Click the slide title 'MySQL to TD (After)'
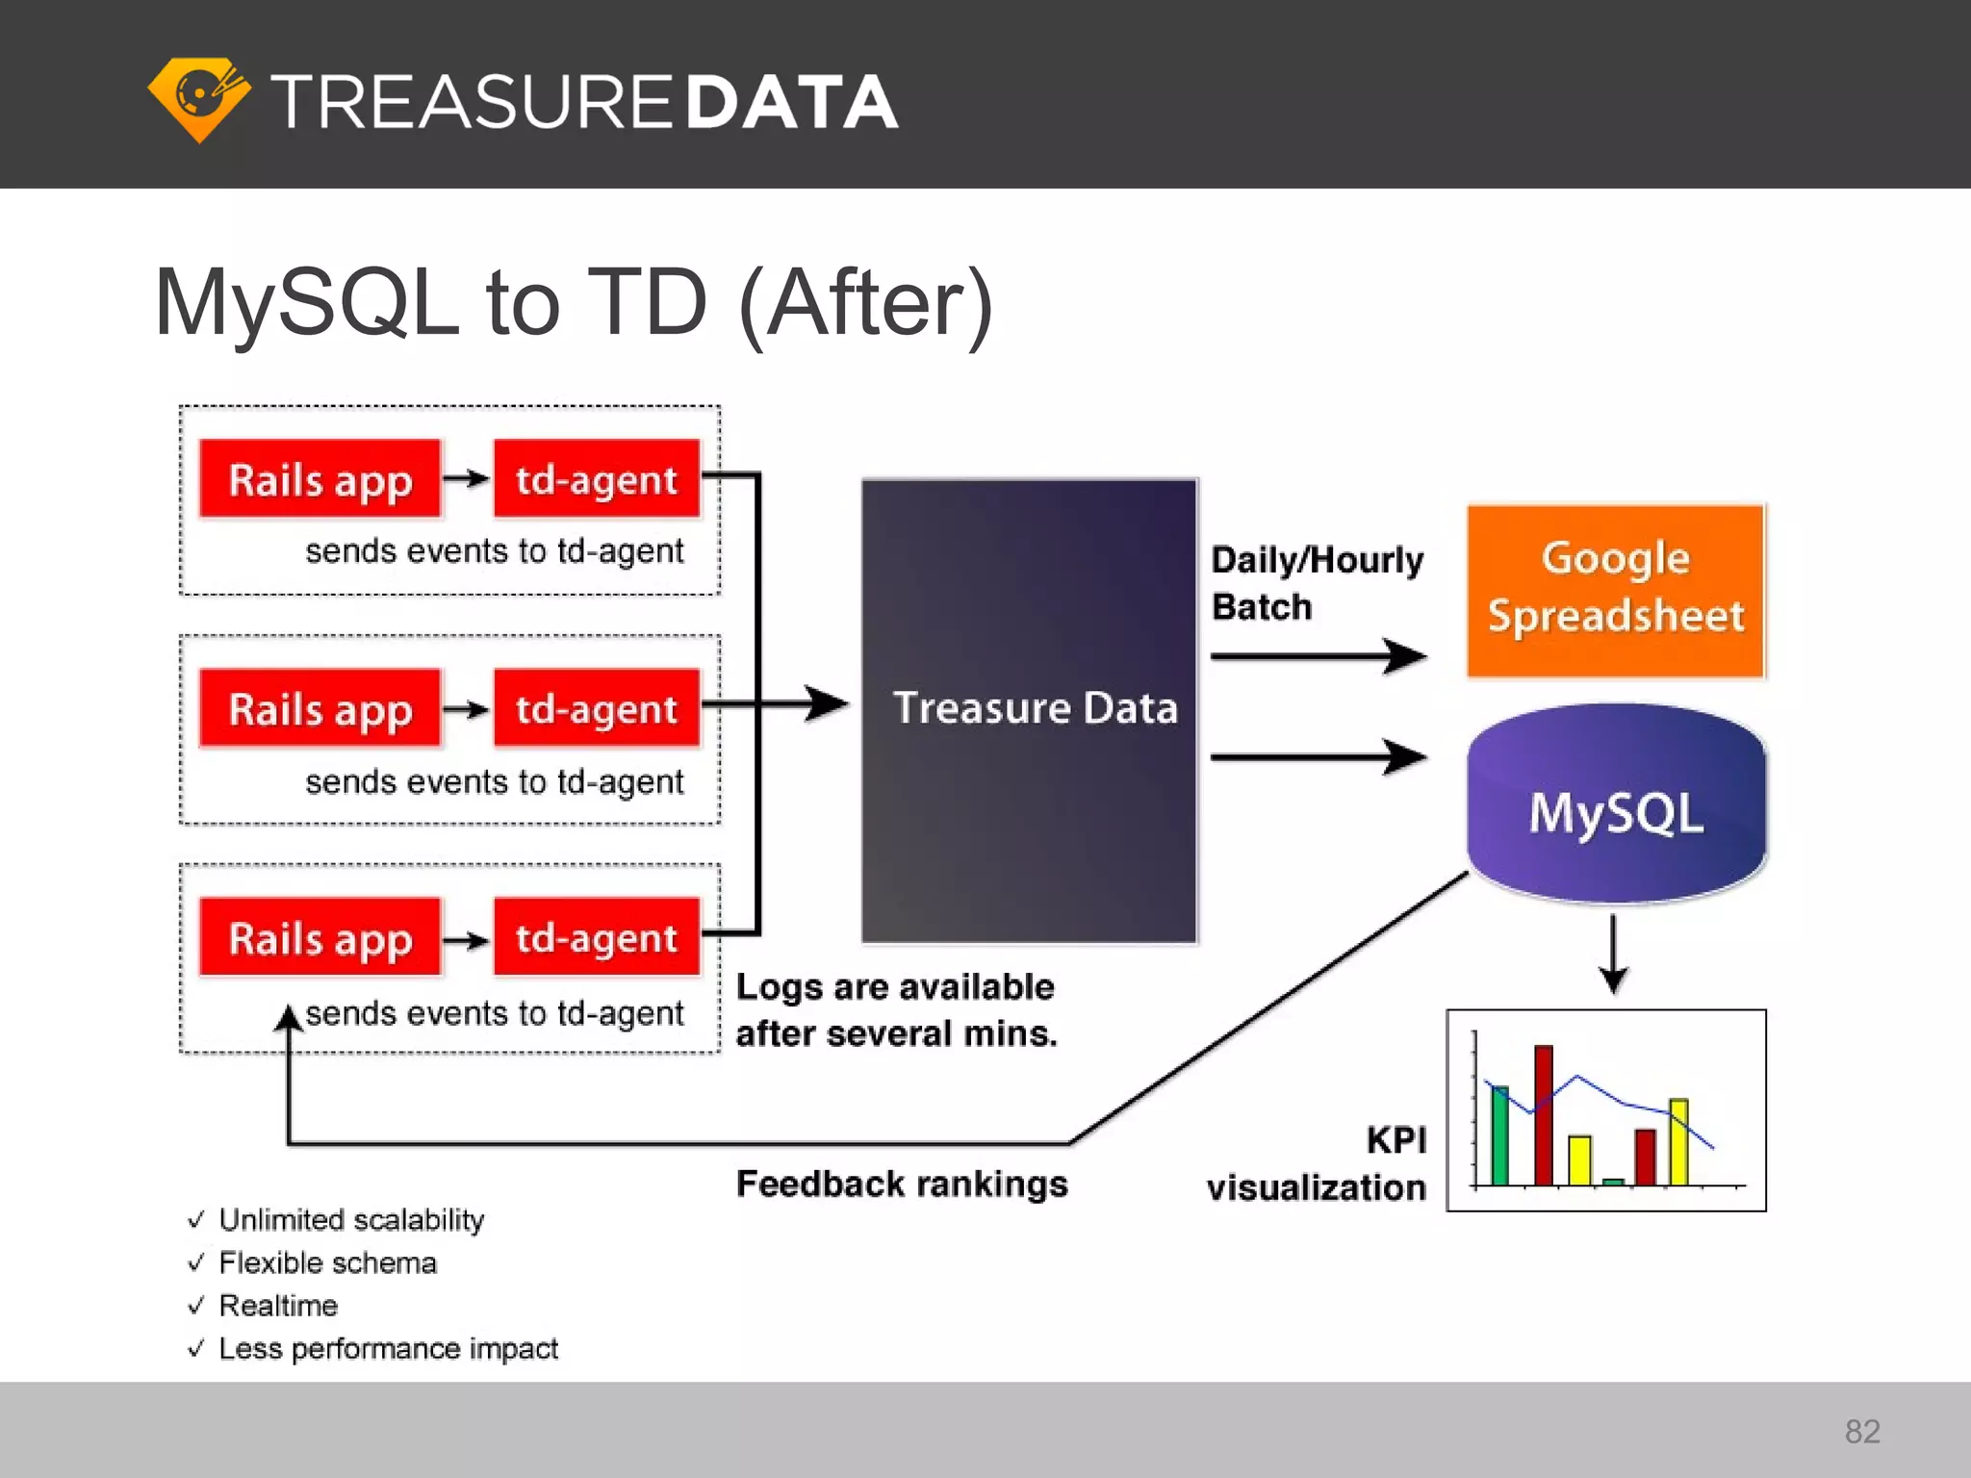[574, 303]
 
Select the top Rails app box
[320, 479]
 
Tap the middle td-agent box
[596, 709]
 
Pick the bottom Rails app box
[320, 938]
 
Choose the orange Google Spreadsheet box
[1615, 589]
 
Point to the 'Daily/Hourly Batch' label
[1315, 583]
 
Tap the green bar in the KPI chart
[1499, 1135]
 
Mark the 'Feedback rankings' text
[902, 1184]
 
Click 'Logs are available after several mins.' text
[896, 1010]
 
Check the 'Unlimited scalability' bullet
[350, 1219]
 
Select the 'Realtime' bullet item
[278, 1306]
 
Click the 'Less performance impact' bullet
[388, 1348]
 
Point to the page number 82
[1861, 1431]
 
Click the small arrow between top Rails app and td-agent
[467, 478]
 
